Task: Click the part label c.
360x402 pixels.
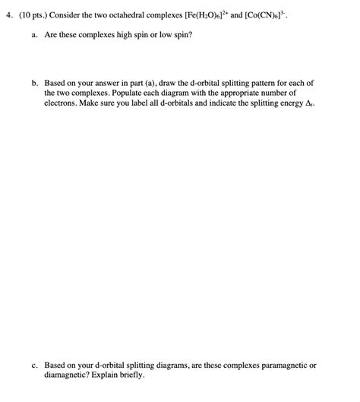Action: [x=34, y=365]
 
